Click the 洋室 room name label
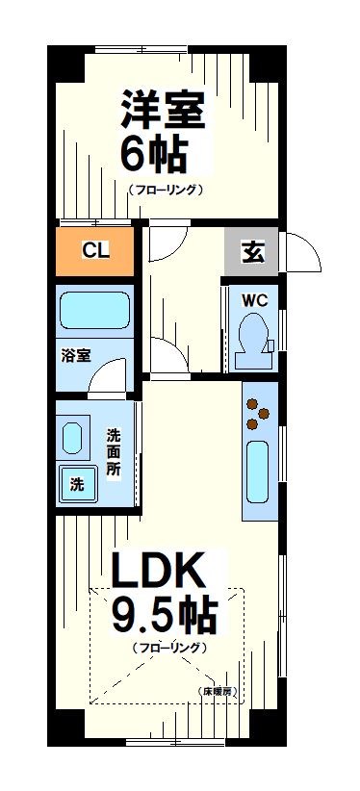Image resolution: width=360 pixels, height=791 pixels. click(163, 109)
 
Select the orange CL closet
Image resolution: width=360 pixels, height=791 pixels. click(94, 252)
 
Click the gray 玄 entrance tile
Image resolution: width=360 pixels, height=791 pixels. click(251, 253)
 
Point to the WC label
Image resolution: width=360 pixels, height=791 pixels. click(253, 299)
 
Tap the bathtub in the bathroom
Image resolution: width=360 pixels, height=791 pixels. click(94, 311)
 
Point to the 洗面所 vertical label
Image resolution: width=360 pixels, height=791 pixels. click(114, 452)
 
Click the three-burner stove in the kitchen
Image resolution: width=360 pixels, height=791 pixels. click(257, 414)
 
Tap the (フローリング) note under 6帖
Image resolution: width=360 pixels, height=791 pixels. click(166, 190)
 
